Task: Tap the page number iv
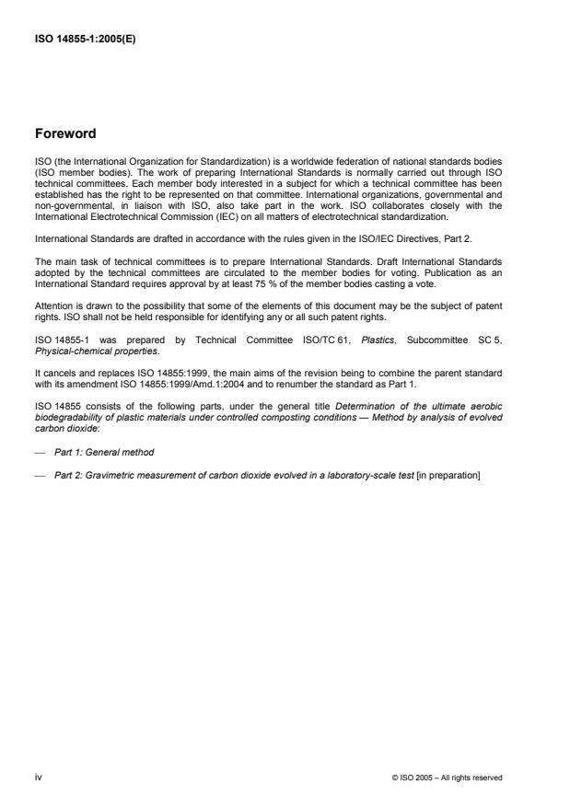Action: (x=38, y=778)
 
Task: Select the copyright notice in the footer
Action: (x=446, y=778)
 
